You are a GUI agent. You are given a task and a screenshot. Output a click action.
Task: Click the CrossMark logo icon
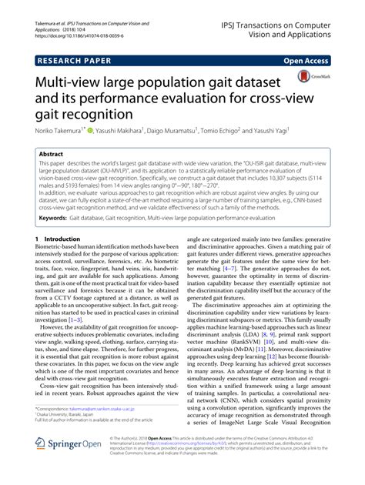(x=306, y=78)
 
